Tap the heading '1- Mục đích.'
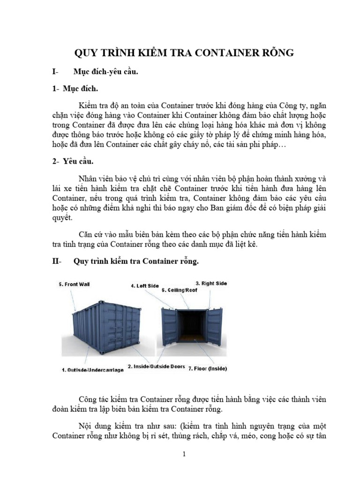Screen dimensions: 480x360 (75, 88)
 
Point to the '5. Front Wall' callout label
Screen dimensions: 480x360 (74, 284)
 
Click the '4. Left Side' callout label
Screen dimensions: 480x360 (144, 285)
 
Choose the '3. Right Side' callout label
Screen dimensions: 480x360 (211, 283)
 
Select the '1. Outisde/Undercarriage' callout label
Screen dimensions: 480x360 (93, 370)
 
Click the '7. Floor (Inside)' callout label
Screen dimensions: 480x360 (207, 368)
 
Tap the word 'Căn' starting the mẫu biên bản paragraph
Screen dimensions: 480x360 (87, 233)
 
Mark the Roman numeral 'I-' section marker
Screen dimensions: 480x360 (56, 72)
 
